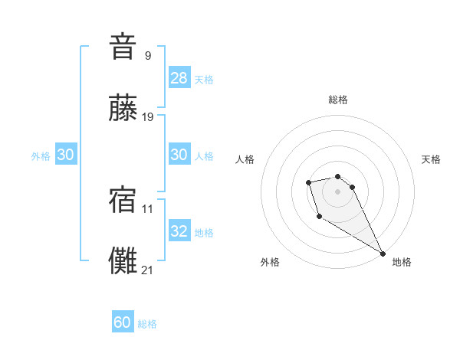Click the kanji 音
click(x=123, y=47)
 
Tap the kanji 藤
click(x=123, y=109)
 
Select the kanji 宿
click(x=123, y=199)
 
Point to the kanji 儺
click(x=123, y=261)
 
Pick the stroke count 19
click(x=148, y=117)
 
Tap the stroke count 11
click(x=148, y=208)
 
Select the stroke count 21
click(x=148, y=270)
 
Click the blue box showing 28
click(x=179, y=78)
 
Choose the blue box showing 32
click(x=179, y=231)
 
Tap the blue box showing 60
click(x=123, y=322)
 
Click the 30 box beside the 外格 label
click(x=66, y=155)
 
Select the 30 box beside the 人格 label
click(x=179, y=155)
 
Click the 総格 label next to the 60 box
click(x=147, y=324)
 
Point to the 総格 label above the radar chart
click(x=338, y=100)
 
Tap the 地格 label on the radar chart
click(x=402, y=262)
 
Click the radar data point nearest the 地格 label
click(x=383, y=253)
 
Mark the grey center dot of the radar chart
click(x=337, y=191)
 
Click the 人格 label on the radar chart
click(x=245, y=159)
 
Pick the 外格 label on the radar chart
click(x=270, y=262)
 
